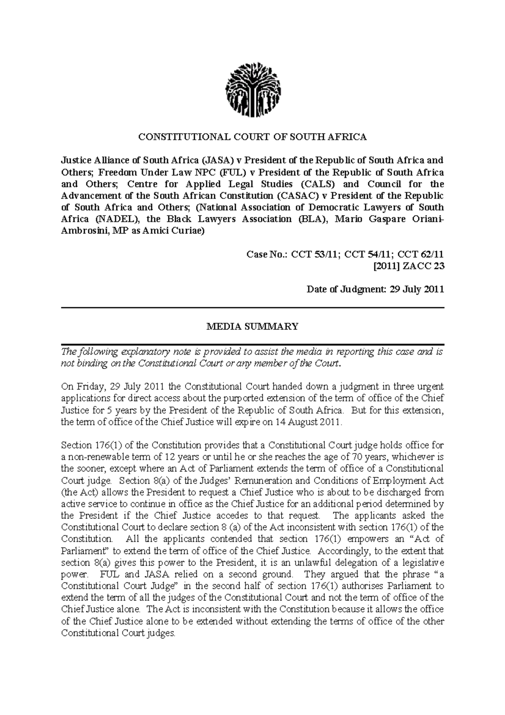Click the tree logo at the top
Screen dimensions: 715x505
click(x=253, y=91)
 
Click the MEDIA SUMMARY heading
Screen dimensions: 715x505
click(x=252, y=327)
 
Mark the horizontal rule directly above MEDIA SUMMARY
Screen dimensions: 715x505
click(x=252, y=308)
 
